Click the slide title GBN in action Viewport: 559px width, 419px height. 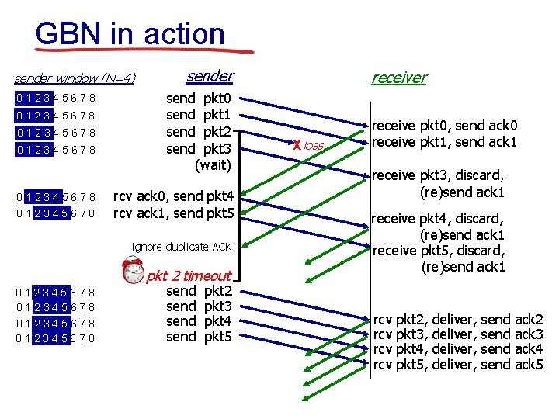tap(130, 33)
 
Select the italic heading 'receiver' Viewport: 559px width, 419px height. tap(398, 77)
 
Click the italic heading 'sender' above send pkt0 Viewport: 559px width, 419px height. tap(210, 75)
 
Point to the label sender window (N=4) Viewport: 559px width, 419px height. tap(75, 78)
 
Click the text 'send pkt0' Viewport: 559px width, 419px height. tap(199, 99)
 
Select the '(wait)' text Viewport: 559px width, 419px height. tap(213, 164)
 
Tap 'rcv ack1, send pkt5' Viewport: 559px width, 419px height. tap(173, 212)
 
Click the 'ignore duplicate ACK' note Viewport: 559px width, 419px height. tap(182, 247)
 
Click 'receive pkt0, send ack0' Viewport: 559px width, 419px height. tap(445, 126)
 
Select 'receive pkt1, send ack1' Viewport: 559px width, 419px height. tap(445, 142)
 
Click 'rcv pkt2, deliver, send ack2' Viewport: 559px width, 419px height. tap(458, 319)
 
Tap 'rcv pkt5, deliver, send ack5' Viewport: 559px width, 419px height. tap(458, 364)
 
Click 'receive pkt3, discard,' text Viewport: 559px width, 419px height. tap(439, 175)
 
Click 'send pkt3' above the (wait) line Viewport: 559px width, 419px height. tap(199, 148)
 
